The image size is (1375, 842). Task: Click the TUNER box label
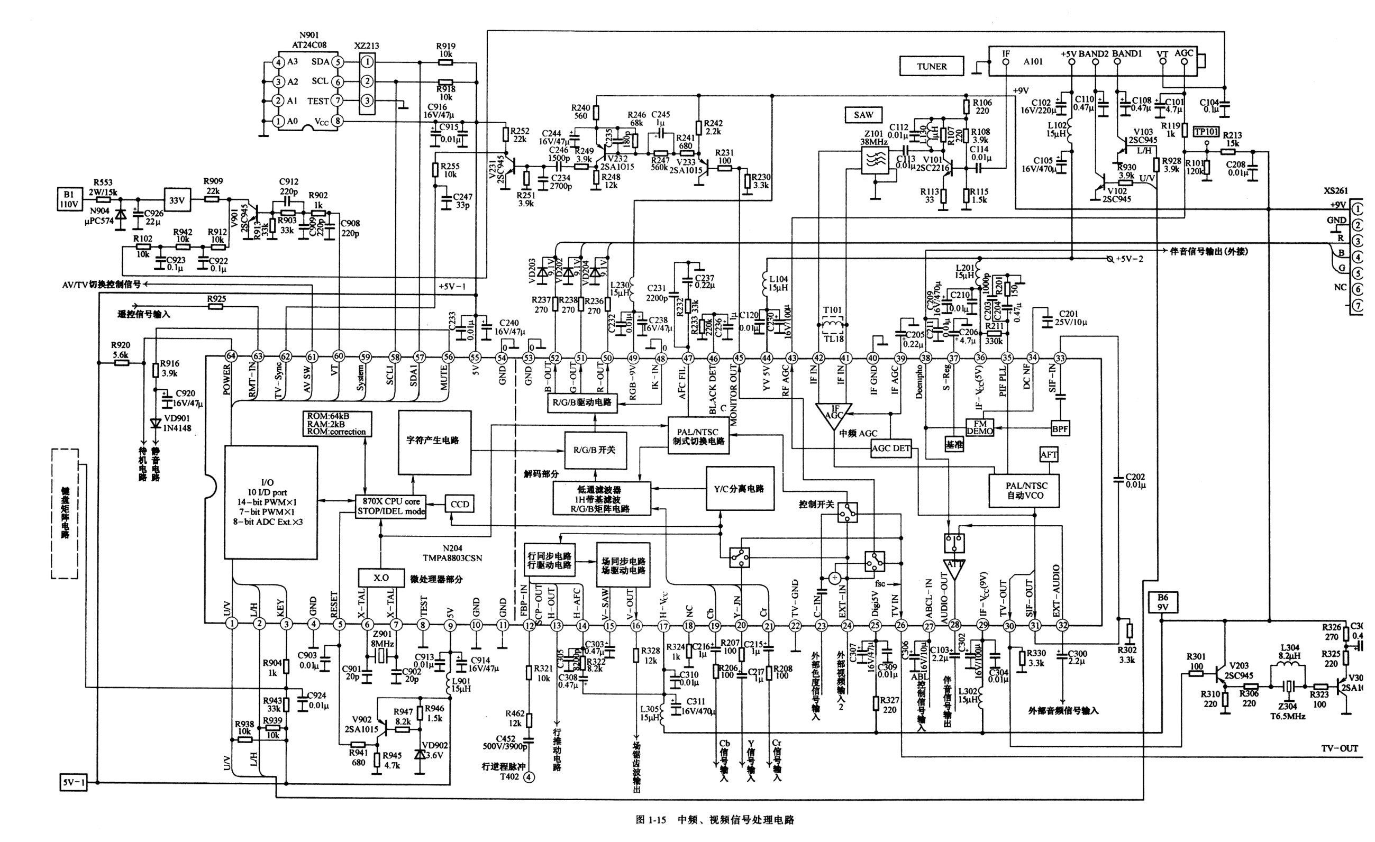pos(931,67)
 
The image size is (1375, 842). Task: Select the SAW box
pos(863,115)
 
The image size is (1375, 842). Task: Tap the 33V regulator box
pos(177,200)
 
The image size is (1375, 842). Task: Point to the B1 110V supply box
pos(69,200)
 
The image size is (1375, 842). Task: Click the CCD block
pos(460,505)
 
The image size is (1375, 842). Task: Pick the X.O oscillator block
pos(381,578)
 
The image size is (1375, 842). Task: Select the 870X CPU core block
pos(390,506)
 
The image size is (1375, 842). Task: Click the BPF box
pos(1060,428)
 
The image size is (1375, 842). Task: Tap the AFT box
pos(1049,455)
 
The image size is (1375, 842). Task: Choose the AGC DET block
pos(890,448)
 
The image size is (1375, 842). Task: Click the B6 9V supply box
pos(1162,602)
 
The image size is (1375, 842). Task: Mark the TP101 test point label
pos(1206,132)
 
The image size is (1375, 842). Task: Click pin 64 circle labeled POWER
pos(231,356)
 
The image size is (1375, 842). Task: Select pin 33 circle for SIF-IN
pos(1060,358)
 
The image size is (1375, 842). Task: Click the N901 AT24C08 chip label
pos(309,40)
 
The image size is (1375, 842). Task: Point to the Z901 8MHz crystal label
pos(383,639)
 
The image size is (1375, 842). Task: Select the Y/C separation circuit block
pos(740,489)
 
